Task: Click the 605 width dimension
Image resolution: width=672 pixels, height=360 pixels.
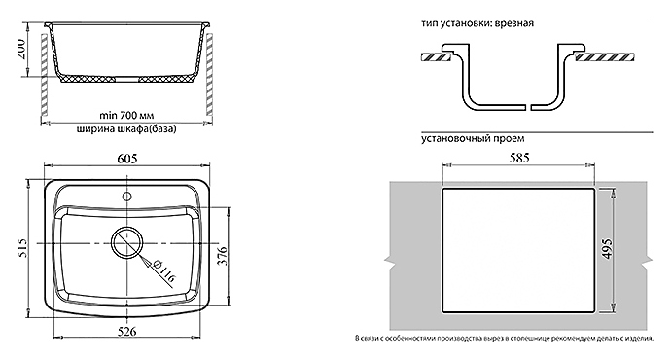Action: [x=126, y=159]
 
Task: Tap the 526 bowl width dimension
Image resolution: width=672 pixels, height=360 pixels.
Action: [x=126, y=331]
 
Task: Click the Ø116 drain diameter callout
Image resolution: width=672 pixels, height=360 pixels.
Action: [x=163, y=271]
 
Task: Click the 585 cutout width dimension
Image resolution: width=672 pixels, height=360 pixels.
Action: [x=519, y=158]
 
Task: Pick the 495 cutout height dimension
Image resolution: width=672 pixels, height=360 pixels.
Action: [x=607, y=248]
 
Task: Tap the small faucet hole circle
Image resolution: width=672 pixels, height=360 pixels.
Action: [x=126, y=197]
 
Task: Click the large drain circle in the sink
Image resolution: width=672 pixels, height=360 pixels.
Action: [x=126, y=243]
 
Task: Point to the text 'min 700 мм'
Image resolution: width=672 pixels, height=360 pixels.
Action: [x=126, y=115]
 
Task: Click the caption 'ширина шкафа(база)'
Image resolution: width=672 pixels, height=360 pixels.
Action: [x=126, y=129]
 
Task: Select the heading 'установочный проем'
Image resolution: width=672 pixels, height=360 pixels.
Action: [x=473, y=139]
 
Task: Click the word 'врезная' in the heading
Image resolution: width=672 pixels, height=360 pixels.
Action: [x=514, y=23]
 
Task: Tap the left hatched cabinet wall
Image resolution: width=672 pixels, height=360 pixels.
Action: [x=44, y=75]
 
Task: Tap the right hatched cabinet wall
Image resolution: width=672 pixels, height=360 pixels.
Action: [x=209, y=75]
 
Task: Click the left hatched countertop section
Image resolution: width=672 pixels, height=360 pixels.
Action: [x=435, y=56]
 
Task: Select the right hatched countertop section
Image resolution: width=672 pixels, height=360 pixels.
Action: [x=604, y=56]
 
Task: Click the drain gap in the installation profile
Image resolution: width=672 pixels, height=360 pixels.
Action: [x=528, y=106]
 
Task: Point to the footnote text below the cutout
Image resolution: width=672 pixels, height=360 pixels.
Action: [x=504, y=339]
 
